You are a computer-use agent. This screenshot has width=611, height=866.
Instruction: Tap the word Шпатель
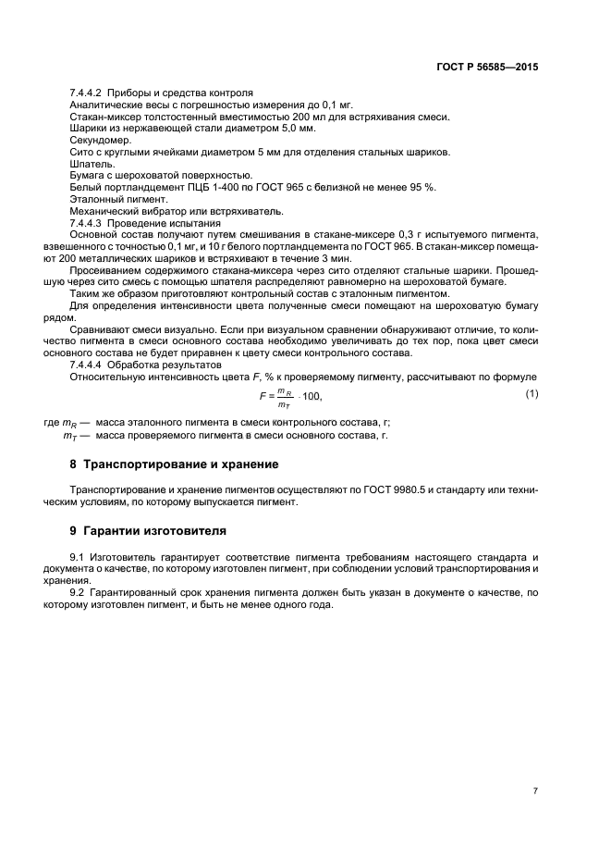pos(89,163)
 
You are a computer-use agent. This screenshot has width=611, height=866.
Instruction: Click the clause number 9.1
pos(78,557)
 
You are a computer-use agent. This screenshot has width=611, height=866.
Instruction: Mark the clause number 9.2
pos(78,591)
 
